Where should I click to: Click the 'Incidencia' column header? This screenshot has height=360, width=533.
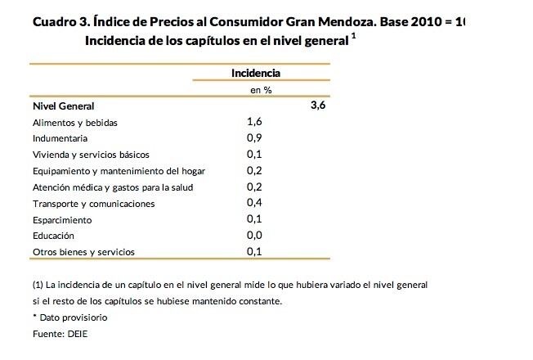click(x=256, y=73)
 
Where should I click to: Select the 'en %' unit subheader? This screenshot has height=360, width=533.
click(x=262, y=90)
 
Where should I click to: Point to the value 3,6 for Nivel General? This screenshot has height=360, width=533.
click(x=318, y=106)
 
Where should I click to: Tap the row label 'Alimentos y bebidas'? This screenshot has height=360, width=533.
click(x=75, y=123)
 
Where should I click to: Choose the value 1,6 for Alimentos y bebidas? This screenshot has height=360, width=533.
click(x=253, y=122)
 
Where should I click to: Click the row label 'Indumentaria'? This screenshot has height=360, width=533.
click(x=60, y=138)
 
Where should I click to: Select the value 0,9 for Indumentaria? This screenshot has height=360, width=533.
click(x=253, y=138)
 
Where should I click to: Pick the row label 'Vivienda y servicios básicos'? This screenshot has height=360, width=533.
click(x=91, y=155)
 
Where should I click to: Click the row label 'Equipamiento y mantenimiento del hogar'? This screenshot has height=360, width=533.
click(x=119, y=171)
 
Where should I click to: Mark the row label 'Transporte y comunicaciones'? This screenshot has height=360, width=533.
click(x=93, y=204)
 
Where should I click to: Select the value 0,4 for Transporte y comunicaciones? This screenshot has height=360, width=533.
click(x=253, y=203)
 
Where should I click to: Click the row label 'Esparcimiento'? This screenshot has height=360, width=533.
click(x=62, y=220)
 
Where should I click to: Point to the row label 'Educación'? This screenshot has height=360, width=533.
click(x=55, y=236)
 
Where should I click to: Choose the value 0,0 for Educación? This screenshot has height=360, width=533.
click(x=253, y=235)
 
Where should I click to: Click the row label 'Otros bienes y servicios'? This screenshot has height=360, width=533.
click(x=83, y=252)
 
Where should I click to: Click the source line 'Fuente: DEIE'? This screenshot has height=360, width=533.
click(x=60, y=334)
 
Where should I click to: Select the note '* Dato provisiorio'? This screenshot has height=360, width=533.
click(x=69, y=317)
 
